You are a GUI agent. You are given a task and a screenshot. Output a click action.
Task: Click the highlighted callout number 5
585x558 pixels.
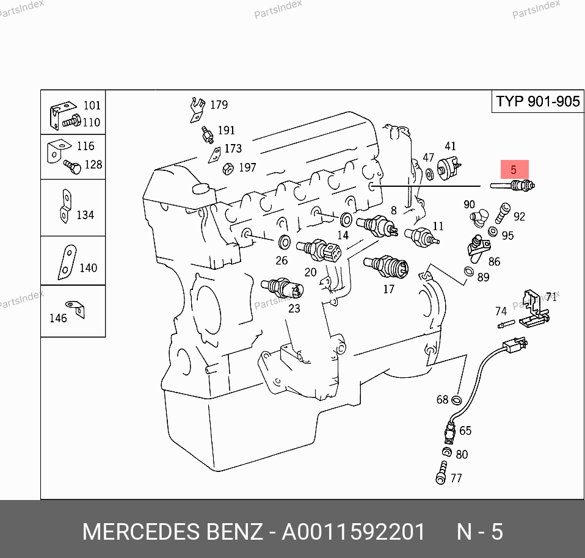[514, 169]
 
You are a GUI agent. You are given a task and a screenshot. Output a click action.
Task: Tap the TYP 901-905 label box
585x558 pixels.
[537, 101]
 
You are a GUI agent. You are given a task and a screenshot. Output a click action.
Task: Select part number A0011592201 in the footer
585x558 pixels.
[353, 532]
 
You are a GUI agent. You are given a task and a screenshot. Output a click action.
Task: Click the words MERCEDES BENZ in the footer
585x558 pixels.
[172, 532]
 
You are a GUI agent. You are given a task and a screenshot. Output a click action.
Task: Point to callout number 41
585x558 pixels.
[450, 147]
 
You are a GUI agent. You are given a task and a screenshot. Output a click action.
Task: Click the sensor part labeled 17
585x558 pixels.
[385, 266]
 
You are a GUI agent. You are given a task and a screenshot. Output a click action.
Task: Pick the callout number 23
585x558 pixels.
[294, 308]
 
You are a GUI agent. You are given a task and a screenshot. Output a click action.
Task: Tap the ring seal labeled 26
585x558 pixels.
[284, 242]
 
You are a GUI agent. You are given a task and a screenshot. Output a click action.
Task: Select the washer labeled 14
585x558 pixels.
[346, 218]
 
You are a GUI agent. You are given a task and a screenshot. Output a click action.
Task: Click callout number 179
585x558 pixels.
[219, 104]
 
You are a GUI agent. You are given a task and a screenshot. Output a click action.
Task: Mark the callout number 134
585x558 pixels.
[85, 215]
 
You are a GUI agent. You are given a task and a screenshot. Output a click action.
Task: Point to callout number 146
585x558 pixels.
[58, 317]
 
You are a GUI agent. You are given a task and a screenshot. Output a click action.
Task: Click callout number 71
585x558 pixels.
[551, 297]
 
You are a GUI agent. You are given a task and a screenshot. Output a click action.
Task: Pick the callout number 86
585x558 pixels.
[494, 261]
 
